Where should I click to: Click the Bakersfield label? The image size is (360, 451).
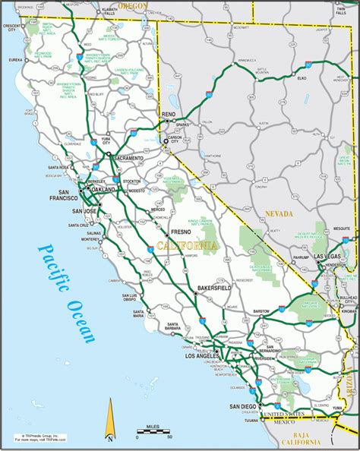[212, 289]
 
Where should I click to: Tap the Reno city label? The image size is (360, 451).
[169, 114]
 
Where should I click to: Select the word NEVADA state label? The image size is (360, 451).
[279, 215]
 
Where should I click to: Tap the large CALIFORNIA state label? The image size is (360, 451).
[186, 245]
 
